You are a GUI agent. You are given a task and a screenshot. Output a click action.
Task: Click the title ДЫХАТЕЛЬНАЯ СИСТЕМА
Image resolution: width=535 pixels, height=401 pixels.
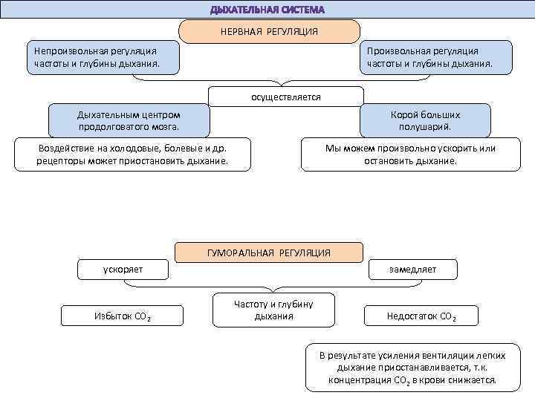tap(267, 10)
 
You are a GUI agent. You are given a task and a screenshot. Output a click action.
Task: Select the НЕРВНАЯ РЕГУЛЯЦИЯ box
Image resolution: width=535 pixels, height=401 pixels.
tap(269, 31)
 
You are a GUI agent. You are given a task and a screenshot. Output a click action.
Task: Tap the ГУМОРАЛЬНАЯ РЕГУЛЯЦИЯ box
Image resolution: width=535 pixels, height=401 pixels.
tap(269, 252)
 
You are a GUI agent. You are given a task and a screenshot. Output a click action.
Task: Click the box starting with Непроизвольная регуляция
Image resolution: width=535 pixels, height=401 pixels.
tap(103, 58)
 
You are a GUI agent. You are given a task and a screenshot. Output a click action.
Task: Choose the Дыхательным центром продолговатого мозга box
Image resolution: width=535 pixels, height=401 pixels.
tap(129, 121)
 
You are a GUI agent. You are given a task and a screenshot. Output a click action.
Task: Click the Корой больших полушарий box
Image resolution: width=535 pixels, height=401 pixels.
tap(426, 121)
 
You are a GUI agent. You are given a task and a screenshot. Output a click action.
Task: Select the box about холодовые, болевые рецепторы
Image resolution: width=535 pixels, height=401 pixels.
tap(133, 154)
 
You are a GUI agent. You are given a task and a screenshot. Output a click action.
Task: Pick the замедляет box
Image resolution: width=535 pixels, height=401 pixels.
tap(413, 269)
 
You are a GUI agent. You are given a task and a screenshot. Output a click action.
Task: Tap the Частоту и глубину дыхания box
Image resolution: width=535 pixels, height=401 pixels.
tap(273, 310)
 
